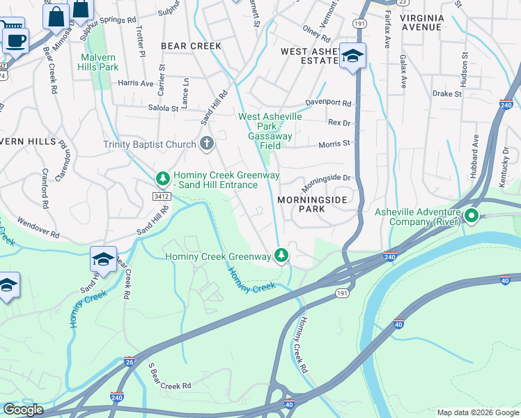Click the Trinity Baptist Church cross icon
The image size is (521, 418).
[x=206, y=144]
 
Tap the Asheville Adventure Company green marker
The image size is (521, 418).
[x=472, y=217]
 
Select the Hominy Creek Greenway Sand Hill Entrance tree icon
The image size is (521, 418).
[x=163, y=179]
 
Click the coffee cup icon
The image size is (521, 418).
[x=15, y=40]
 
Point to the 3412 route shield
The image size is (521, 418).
[x=162, y=197]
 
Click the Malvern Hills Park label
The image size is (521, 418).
[x=100, y=62]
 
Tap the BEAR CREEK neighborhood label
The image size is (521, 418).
[x=191, y=46]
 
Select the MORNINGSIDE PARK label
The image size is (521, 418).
[x=311, y=203]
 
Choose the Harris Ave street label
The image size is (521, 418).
[x=135, y=83]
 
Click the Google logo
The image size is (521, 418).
[x=23, y=410]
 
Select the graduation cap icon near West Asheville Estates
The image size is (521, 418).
[x=352, y=56]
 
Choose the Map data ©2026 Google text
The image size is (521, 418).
[x=477, y=412]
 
